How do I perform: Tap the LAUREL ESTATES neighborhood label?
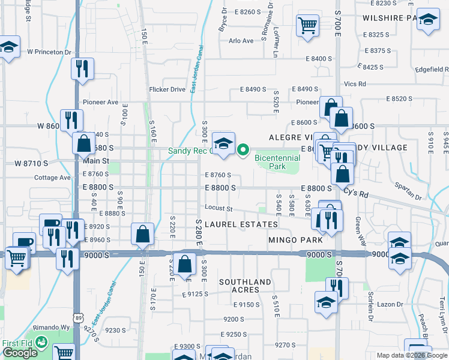(x=241, y=224)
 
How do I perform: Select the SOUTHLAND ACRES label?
(x=244, y=286)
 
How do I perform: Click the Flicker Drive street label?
(x=167, y=90)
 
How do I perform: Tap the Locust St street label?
(x=218, y=209)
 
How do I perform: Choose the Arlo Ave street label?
(x=241, y=41)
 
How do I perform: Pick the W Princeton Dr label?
(x=45, y=52)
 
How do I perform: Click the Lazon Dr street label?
(x=390, y=305)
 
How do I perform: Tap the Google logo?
(x=20, y=353)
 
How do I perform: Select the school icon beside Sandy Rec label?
(x=223, y=144)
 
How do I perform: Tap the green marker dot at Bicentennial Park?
(x=243, y=150)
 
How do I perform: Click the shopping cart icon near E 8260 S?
(x=307, y=25)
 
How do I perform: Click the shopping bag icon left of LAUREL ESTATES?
(x=143, y=233)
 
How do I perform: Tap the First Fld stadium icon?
(x=41, y=343)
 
